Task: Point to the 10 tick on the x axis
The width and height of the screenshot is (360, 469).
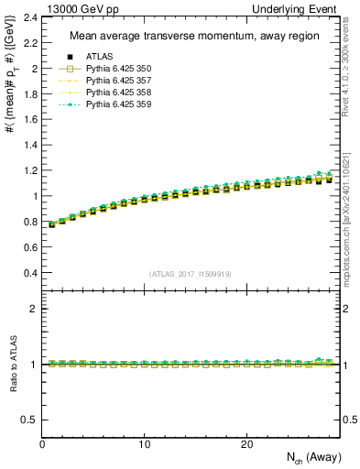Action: [145, 444]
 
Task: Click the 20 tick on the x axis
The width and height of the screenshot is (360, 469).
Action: [246, 444]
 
